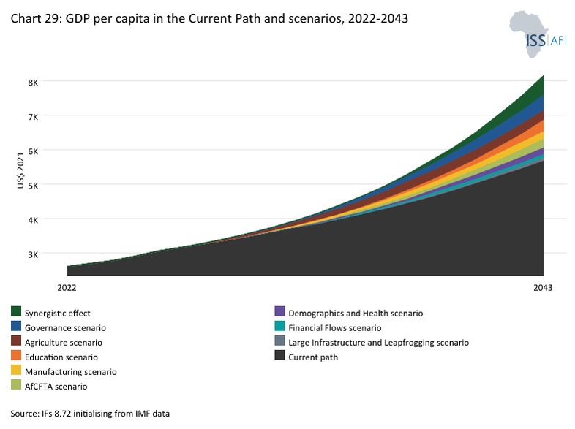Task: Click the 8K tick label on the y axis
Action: [x=33, y=83]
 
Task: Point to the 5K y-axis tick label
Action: [x=33, y=186]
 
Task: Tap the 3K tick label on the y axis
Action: [x=33, y=254]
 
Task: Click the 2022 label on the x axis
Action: [x=67, y=288]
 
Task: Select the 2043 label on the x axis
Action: [x=543, y=288]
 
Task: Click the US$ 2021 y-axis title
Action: [x=20, y=170]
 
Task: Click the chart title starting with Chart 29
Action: [x=209, y=18]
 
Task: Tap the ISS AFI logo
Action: [x=537, y=34]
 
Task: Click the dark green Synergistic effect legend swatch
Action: [x=16, y=311]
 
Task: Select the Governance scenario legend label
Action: [x=65, y=328]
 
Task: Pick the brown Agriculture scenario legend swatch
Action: [x=16, y=341]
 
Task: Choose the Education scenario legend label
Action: [x=61, y=357]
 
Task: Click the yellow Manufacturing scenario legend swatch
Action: [x=16, y=370]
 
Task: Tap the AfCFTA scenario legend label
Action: [x=56, y=387]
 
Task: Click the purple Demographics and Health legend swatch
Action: [x=279, y=311]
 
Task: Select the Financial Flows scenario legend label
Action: [x=335, y=328]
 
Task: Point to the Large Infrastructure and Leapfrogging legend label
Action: [x=378, y=343]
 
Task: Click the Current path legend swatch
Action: [x=279, y=355]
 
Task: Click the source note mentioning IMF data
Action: [x=90, y=414]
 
